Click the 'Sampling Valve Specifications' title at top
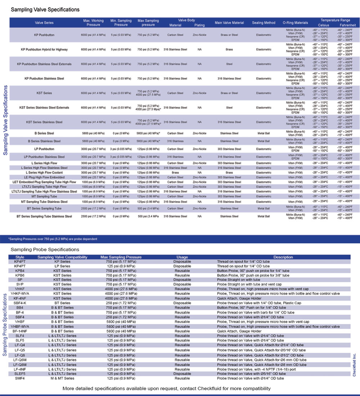pos(45,9)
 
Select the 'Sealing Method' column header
pos(264,23)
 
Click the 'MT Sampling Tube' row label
pos(44,196)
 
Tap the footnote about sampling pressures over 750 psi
pos(53,239)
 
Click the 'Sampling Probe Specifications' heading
pos(45,249)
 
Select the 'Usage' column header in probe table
pos(182,257)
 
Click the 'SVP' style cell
pos(20,284)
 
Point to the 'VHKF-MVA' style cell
pos(20,294)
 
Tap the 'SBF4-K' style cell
pos(20,303)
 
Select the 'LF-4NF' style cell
pos(20,369)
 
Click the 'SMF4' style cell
pos(20,378)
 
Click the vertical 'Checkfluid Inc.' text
pos(354,364)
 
